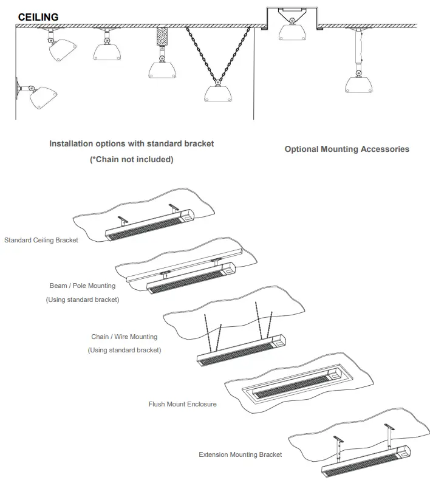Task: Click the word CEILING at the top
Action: tap(38, 17)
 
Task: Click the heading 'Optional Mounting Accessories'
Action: tap(347, 149)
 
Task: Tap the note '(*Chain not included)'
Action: tap(131, 159)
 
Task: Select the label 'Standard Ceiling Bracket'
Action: tap(41, 240)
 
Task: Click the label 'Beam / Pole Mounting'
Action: tap(82, 286)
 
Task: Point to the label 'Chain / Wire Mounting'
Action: tap(124, 337)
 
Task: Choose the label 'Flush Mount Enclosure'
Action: tap(182, 403)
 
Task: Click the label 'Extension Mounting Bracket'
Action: tap(240, 454)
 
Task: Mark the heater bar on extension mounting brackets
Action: tap(364, 463)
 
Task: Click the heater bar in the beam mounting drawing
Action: tap(191, 279)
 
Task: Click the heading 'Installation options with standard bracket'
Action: tap(131, 144)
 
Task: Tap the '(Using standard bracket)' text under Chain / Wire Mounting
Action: tap(124, 350)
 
